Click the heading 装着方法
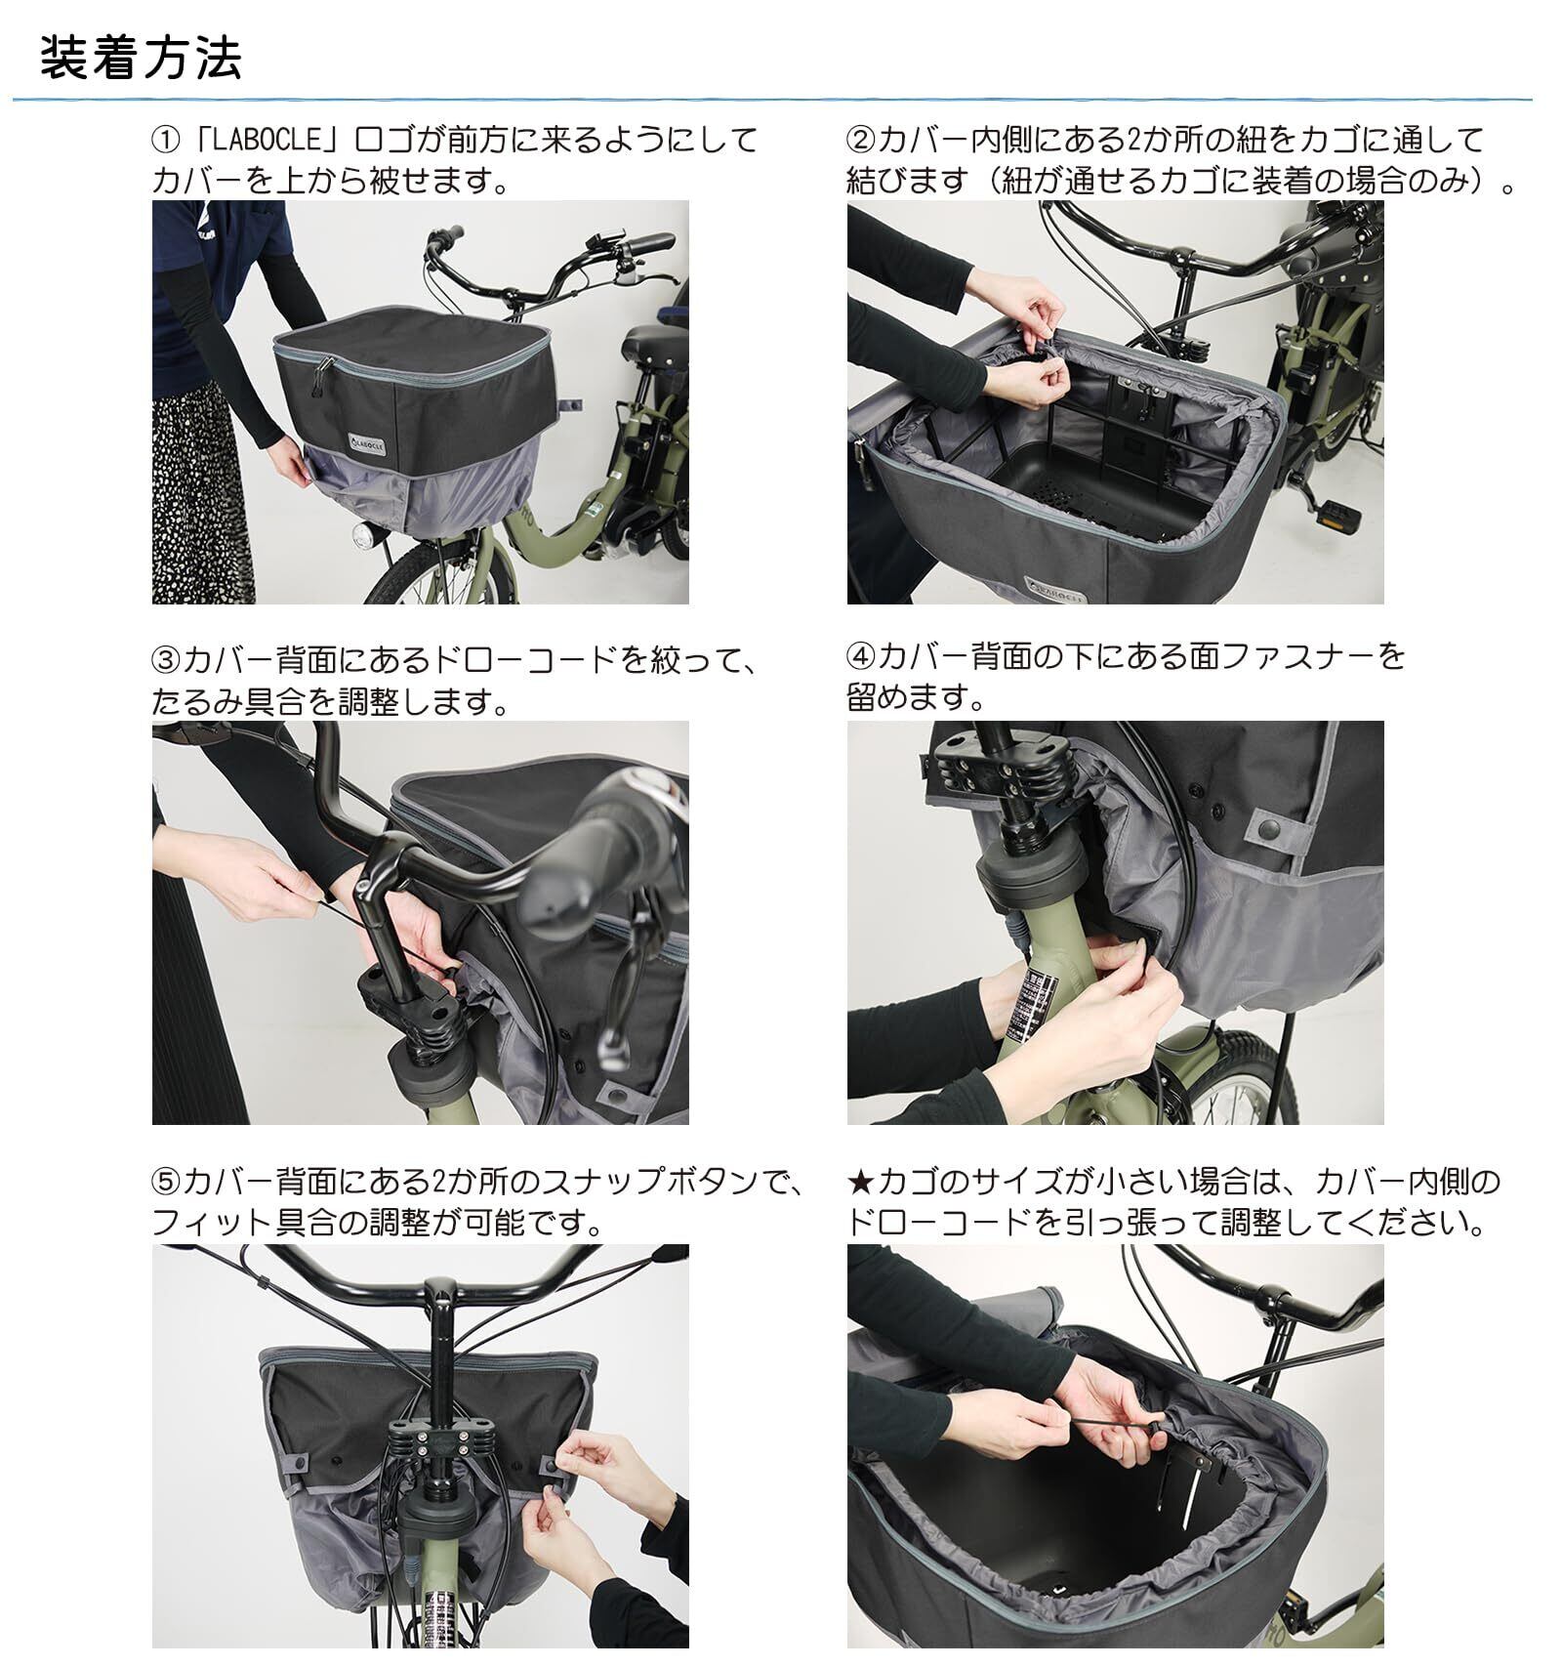coord(141,59)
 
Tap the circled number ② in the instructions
coord(861,140)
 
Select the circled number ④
coord(861,655)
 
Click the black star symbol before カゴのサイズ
coord(861,1182)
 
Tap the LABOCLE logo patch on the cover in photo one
coord(367,441)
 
